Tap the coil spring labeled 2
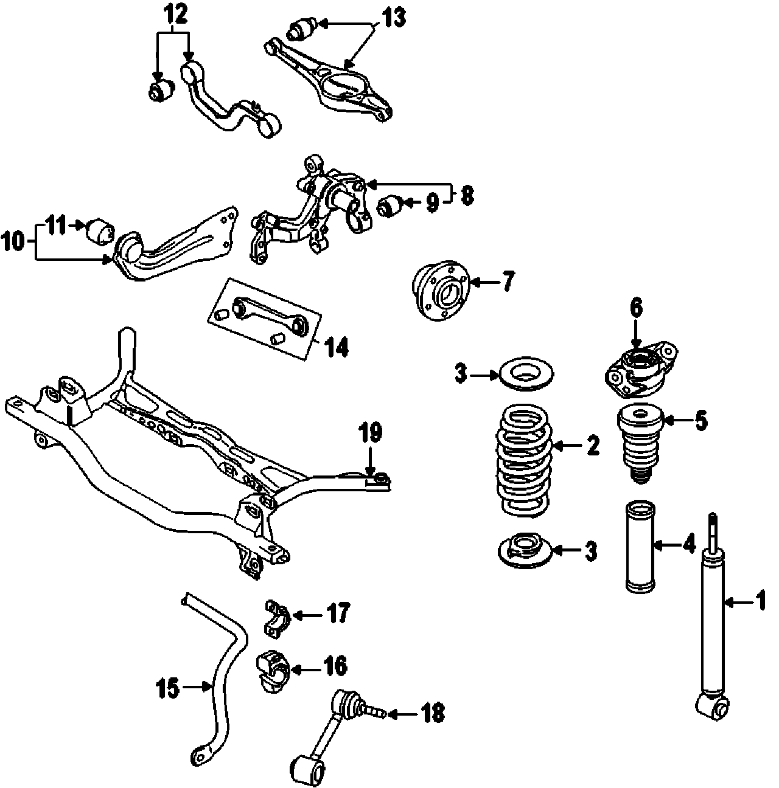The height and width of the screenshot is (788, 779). (523, 462)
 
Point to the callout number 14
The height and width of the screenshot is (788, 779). (336, 347)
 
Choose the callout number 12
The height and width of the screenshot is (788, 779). (174, 13)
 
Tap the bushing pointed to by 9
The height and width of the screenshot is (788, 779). (389, 206)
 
